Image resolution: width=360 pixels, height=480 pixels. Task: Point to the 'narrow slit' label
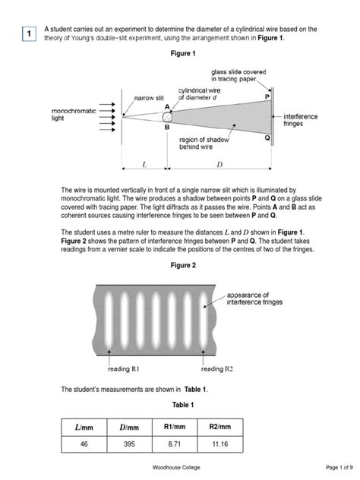(149, 98)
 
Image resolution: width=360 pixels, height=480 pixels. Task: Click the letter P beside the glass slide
(267, 97)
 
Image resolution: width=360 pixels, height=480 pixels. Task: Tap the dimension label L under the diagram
(144, 165)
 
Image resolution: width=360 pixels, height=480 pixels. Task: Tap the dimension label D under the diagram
(219, 165)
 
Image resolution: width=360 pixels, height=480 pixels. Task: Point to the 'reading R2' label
(217, 369)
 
